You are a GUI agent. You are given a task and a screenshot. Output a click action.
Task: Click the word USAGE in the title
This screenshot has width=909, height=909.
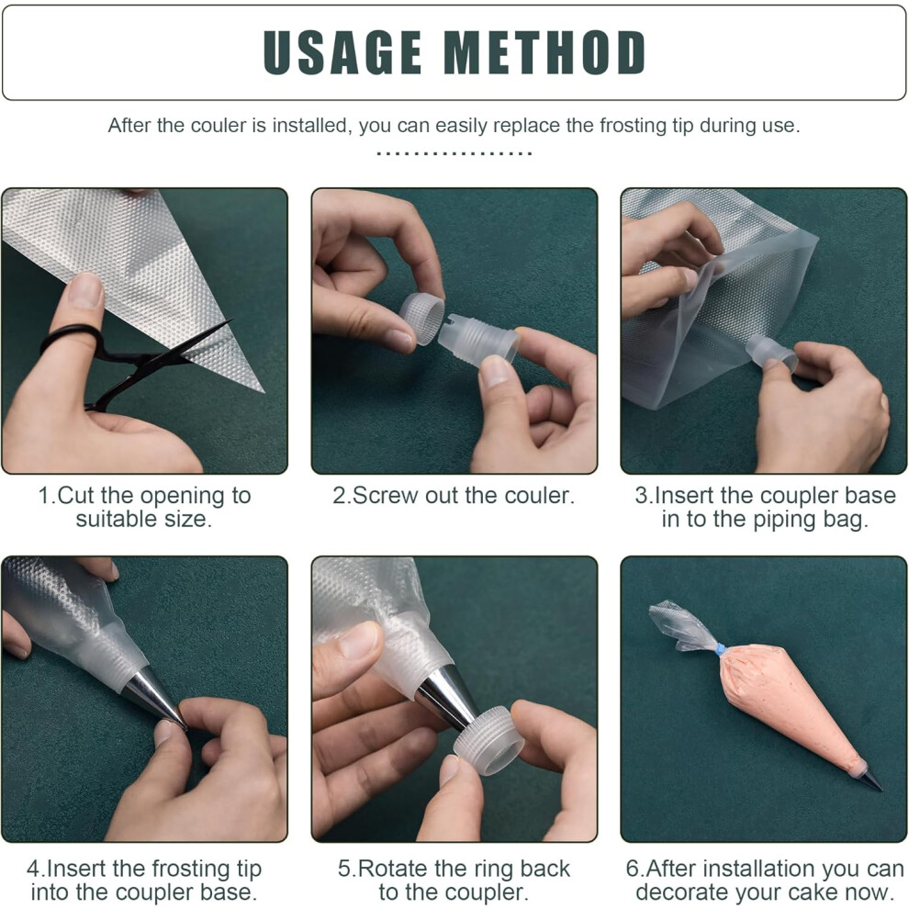tap(342, 52)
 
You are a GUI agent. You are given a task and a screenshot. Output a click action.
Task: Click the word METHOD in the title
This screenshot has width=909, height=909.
tap(544, 52)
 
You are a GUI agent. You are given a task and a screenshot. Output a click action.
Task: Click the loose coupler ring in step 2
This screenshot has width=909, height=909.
tap(421, 319)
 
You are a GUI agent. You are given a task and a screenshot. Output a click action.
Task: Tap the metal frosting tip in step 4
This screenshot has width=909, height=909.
tap(156, 696)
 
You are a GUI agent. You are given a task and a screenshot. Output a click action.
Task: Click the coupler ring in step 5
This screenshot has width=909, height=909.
tap(488, 741)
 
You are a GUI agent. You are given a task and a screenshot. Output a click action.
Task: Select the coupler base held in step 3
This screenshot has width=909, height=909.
tap(771, 353)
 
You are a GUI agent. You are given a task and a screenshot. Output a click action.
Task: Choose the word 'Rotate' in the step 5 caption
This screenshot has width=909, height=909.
tap(393, 869)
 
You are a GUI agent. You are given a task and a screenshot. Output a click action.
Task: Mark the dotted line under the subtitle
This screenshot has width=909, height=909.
tap(454, 153)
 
